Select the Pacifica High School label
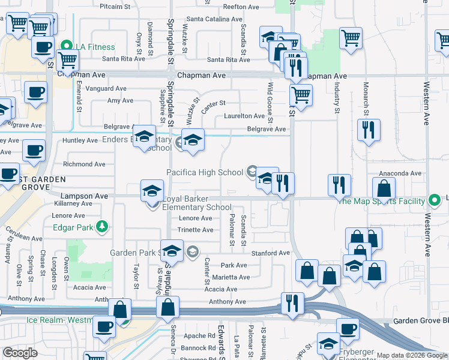(x=205, y=173)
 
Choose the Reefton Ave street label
(x=240, y=7)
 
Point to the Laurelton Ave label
(x=244, y=116)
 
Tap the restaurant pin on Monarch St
(x=369, y=130)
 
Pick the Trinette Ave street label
(x=196, y=230)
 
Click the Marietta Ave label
(x=231, y=277)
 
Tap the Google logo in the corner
(x=20, y=352)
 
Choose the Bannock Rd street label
(x=199, y=348)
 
